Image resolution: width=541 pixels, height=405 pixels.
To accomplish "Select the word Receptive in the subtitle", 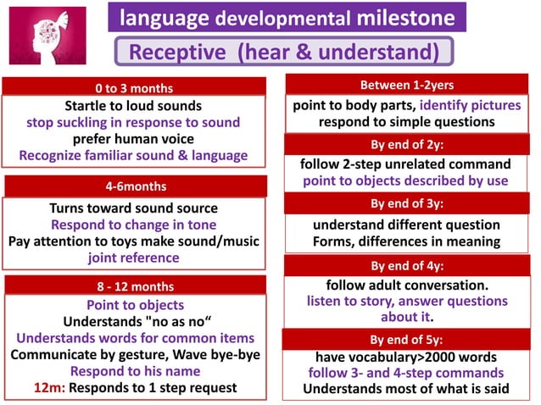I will pyautogui.click(x=178, y=53).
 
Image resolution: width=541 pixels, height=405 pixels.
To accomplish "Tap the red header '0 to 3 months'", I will pyautogui.click(x=133, y=88).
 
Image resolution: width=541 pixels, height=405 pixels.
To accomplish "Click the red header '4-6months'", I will pyautogui.click(x=133, y=186).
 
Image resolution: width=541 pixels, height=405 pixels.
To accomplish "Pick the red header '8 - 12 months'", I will pyautogui.click(x=133, y=286).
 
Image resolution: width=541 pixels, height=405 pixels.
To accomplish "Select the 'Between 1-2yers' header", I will pyautogui.click(x=406, y=84).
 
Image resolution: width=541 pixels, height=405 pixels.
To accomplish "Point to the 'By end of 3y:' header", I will pyautogui.click(x=406, y=203).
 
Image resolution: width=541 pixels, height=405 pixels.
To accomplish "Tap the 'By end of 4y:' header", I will pyautogui.click(x=406, y=265).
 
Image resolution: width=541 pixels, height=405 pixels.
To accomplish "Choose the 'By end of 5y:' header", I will pyautogui.click(x=406, y=340).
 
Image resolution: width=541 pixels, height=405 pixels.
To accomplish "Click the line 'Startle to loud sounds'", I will pyautogui.click(x=133, y=106).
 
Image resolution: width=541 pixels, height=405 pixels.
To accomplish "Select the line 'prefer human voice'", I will pyautogui.click(x=133, y=139).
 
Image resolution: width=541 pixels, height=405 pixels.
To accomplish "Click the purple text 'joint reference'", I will pyautogui.click(x=133, y=258).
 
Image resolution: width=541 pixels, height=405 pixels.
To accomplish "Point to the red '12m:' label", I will pyautogui.click(x=49, y=387).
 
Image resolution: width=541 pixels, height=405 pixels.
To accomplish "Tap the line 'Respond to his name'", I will pyautogui.click(x=133, y=370).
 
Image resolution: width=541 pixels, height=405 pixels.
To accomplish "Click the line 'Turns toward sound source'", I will pyautogui.click(x=133, y=208).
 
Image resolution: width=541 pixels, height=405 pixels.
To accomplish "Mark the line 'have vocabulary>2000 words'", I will pyautogui.click(x=406, y=357).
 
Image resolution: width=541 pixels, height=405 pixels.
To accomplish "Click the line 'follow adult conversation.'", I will pyautogui.click(x=406, y=285).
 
